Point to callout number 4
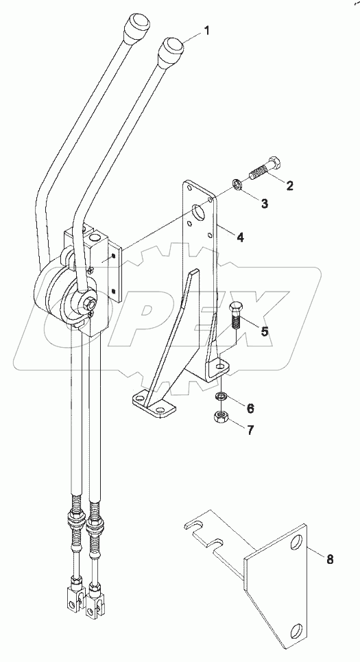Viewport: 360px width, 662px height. pyautogui.click(x=241, y=238)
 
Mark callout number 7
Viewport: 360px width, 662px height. pyautogui.click(x=250, y=430)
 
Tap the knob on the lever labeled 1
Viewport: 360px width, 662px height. pyautogui.click(x=172, y=50)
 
